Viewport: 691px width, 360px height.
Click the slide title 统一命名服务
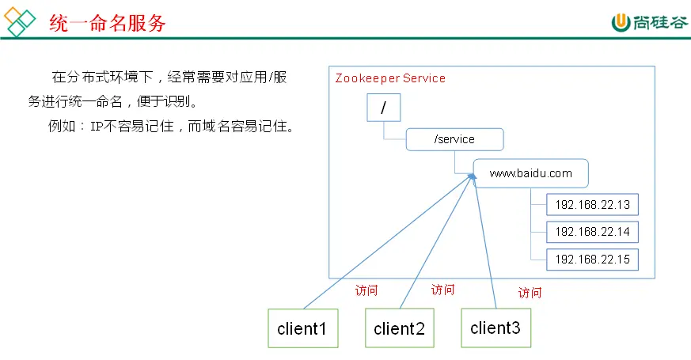tap(108, 23)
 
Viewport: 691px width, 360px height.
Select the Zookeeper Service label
tap(390, 78)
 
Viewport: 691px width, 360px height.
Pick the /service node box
tap(454, 139)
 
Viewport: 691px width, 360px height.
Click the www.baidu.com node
tap(530, 172)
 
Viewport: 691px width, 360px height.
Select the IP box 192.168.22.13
tap(592, 205)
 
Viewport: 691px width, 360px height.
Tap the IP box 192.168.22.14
tap(592, 232)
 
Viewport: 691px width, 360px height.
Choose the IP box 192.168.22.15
tap(592, 259)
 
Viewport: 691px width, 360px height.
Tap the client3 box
tap(495, 327)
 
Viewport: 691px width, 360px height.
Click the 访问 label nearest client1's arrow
tap(366, 290)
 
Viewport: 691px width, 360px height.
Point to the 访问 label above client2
tap(443, 290)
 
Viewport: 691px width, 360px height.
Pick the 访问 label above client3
tap(530, 292)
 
